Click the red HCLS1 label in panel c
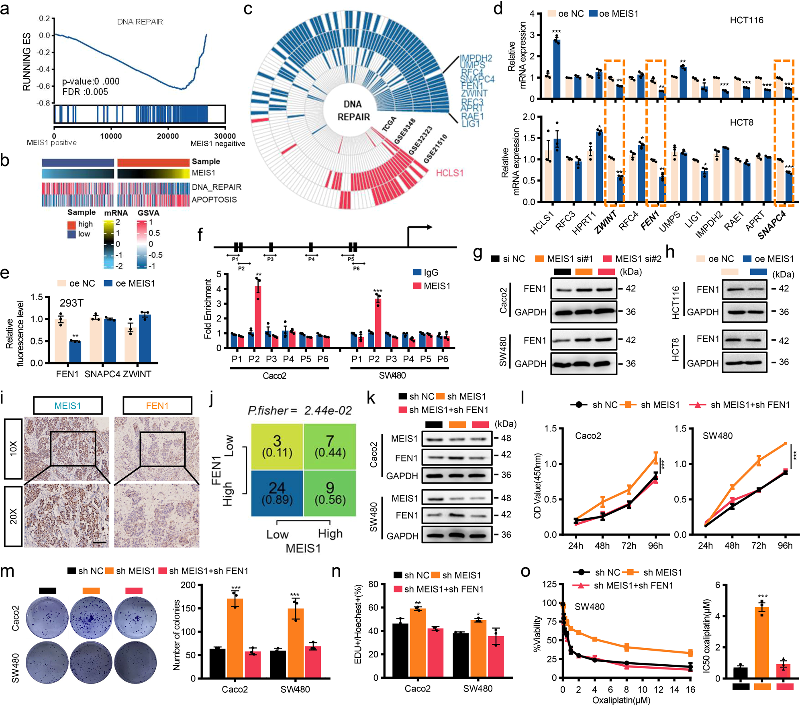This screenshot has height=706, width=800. point(449,173)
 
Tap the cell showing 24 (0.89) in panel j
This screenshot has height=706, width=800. point(277,493)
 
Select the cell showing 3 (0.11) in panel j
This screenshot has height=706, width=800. point(277,446)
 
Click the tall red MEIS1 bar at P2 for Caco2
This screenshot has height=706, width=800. point(258,316)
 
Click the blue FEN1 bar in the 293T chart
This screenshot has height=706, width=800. point(75,352)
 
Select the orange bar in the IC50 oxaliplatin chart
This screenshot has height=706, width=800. point(762,642)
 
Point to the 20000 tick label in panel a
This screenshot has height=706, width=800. point(167,136)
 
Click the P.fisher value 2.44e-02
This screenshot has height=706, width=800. point(328,410)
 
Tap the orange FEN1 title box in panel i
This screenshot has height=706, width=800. point(157,406)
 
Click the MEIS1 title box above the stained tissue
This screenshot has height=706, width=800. point(67,406)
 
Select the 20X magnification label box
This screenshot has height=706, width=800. point(13,516)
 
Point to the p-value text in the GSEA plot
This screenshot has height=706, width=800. point(90,81)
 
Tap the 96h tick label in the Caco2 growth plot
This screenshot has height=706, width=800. point(655,546)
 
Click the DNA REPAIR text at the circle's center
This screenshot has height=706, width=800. point(353,110)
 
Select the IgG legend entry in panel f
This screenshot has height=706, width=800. point(425,273)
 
